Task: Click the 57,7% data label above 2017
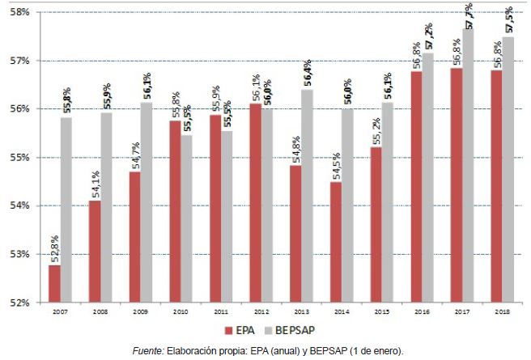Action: pos(469,15)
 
